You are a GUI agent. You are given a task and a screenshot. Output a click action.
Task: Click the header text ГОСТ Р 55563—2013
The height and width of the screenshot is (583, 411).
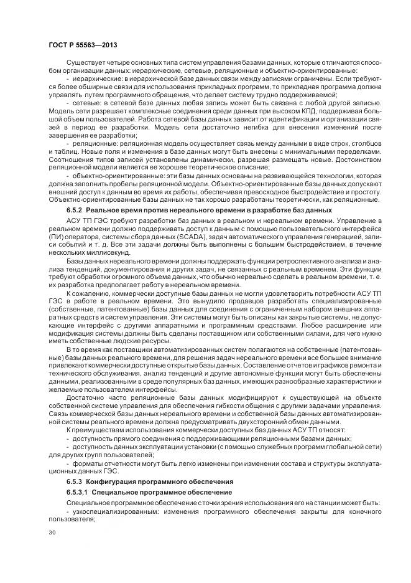pos(83,45)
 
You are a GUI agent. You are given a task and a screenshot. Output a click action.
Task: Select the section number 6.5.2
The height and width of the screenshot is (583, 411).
pos(76,211)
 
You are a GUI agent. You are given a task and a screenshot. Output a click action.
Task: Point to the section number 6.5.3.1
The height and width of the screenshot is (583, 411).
pos(79,492)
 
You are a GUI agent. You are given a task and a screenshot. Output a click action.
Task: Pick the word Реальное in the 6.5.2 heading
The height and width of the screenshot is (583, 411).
pos(108,211)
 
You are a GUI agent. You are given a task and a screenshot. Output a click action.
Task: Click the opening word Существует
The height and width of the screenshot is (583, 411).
pos(84,64)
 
